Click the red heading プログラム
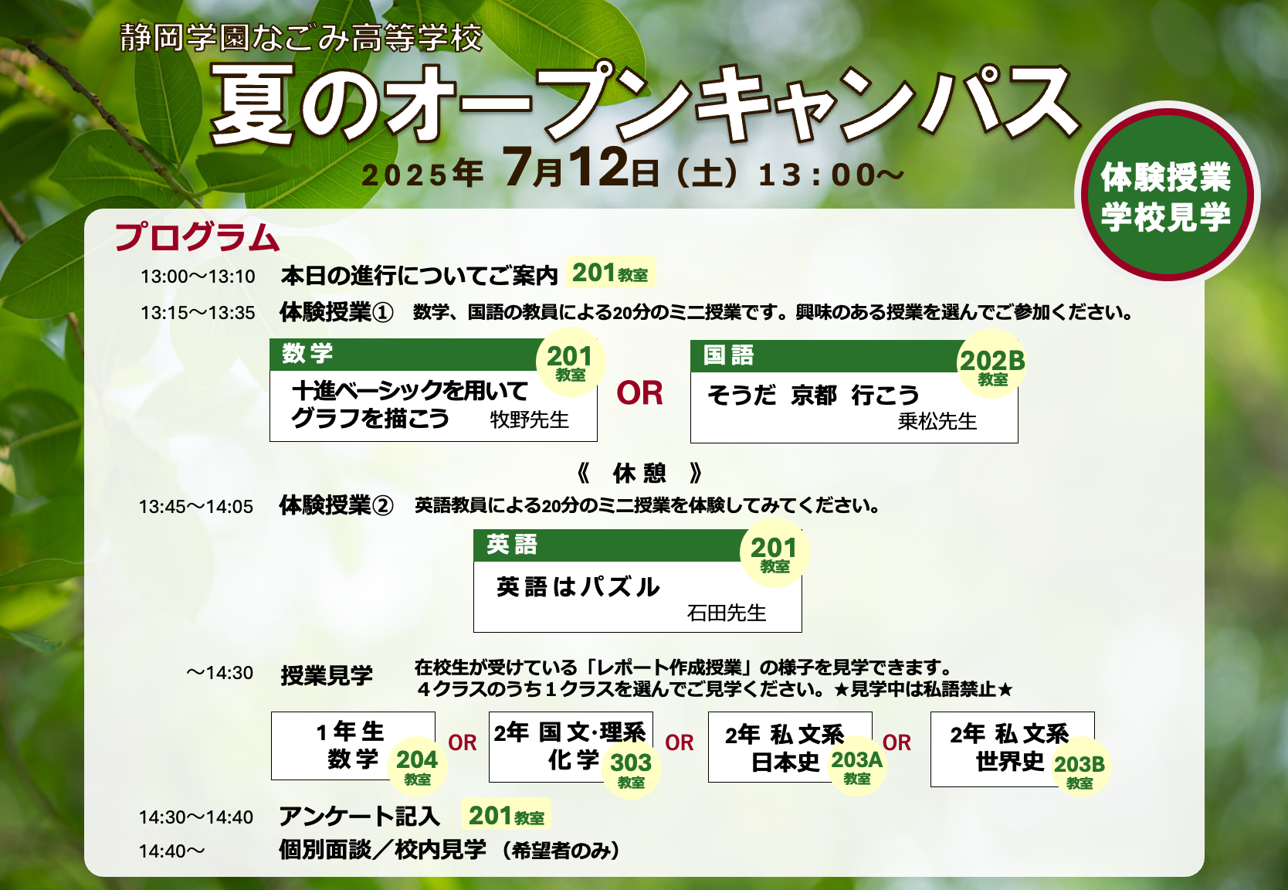(x=197, y=237)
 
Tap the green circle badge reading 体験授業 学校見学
(x=1167, y=195)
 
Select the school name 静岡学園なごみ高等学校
(x=301, y=38)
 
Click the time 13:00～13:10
(x=198, y=277)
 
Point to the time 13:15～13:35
(x=198, y=313)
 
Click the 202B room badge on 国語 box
(x=992, y=364)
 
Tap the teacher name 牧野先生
(x=529, y=420)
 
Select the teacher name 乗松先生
(x=937, y=422)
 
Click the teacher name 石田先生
(x=726, y=613)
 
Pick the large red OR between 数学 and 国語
(x=639, y=393)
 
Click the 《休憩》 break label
(x=639, y=474)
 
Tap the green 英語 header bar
(x=609, y=545)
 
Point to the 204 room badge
(x=417, y=764)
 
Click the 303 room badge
(x=631, y=768)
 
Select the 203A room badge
(x=857, y=765)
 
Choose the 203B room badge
(x=1080, y=768)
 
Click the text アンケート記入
(x=360, y=817)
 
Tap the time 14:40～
(x=172, y=851)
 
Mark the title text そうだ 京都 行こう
(x=813, y=396)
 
